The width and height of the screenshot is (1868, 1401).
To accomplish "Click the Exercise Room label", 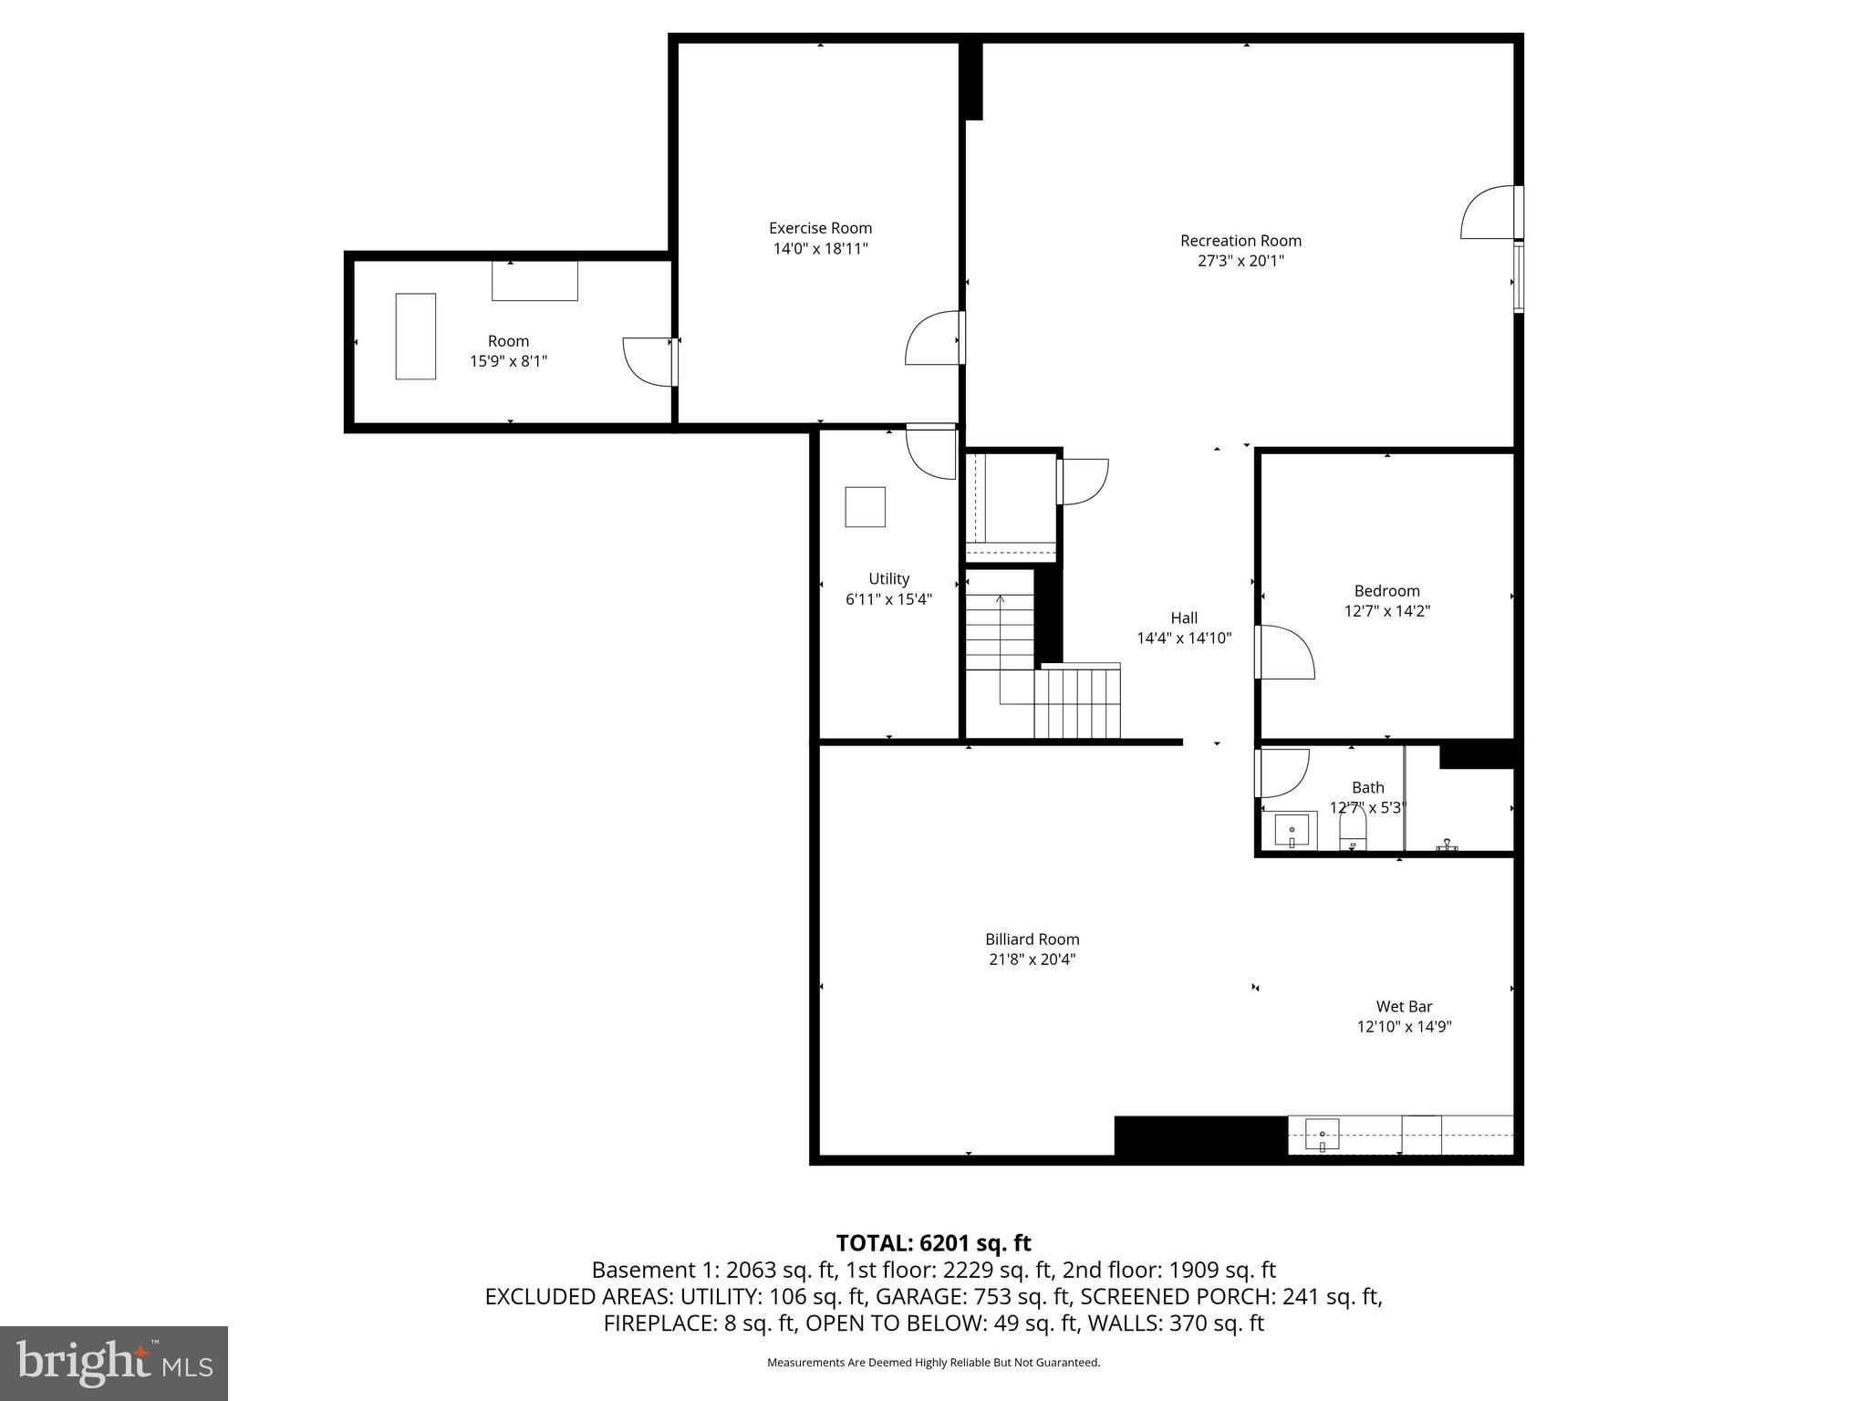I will (820, 228).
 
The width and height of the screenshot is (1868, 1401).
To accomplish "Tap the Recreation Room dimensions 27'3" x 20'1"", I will (1240, 261).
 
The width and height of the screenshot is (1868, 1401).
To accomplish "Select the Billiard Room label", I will (1032, 939).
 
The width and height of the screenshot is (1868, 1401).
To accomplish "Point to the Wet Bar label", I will (1404, 1007).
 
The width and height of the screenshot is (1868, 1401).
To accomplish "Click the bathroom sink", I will (1292, 830).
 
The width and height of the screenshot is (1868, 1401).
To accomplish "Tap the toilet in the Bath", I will (1353, 830).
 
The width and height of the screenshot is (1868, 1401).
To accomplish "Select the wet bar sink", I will (1322, 1136).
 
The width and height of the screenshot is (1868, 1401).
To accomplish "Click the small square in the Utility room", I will (865, 507).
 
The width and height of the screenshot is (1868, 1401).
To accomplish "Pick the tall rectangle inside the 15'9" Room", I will (415, 337).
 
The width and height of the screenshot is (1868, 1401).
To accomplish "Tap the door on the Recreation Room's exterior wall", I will (1489, 213).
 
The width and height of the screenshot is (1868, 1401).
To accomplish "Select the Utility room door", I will (931, 451).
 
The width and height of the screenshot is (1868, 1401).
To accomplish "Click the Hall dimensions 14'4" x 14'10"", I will (1184, 638).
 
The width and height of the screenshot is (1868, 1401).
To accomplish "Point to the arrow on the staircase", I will (1001, 599).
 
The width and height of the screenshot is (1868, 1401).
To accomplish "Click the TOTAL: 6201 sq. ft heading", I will (933, 1243).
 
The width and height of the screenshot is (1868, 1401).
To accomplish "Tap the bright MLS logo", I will (114, 1364).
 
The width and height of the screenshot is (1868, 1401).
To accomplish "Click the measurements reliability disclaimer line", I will (933, 1363).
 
